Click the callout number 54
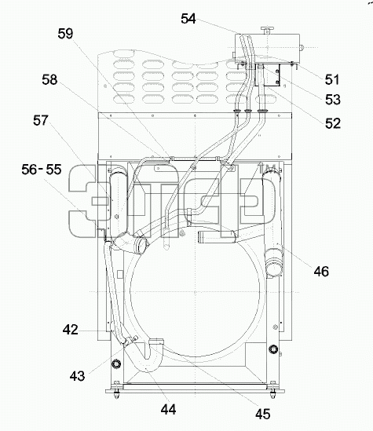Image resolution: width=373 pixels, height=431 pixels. coord(188,19)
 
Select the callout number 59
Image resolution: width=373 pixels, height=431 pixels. coord(65,34)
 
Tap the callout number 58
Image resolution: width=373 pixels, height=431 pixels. coord(49,80)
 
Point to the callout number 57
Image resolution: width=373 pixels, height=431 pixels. coord(41,120)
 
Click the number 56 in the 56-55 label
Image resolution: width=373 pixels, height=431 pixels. coord(29,170)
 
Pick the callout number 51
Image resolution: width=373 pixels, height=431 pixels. coord(332,80)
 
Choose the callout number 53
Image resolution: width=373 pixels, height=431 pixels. coord(333,100)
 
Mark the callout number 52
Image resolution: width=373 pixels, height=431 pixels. coord(333,123)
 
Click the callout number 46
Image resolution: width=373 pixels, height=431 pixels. coord(321,272)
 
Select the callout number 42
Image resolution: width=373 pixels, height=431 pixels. coord(71,330)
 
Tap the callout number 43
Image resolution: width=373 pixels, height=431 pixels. coord(77,376)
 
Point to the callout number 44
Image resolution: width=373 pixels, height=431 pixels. coord(169,410)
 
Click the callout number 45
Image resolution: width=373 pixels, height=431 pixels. coord(263,414)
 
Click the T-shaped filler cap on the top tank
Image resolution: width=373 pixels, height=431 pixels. coord(266,30)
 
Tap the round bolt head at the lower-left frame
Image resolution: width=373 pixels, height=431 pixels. coord(116,363)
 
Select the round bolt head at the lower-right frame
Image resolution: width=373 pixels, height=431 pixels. coord(274,349)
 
